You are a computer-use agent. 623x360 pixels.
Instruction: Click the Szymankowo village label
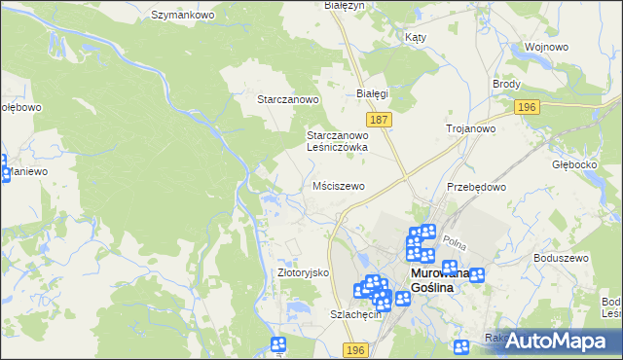click(182, 16)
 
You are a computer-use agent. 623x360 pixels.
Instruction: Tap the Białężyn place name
click(343, 6)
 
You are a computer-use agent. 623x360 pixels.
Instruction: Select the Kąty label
click(416, 36)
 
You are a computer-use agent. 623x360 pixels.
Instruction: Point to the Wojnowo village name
click(545, 47)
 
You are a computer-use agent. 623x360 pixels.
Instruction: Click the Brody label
click(506, 85)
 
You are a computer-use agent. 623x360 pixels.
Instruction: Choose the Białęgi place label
click(372, 93)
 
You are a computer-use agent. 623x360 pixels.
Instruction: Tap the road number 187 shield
click(381, 119)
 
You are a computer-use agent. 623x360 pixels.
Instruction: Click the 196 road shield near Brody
click(527, 107)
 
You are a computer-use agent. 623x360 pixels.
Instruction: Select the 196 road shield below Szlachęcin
click(355, 349)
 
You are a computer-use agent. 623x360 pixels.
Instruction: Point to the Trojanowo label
click(471, 128)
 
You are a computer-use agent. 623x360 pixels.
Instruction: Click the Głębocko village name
click(572, 164)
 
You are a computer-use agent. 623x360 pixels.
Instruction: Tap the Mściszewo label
click(338, 186)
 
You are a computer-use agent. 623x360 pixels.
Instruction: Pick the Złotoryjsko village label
click(305, 273)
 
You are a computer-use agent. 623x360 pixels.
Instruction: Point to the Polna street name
click(454, 240)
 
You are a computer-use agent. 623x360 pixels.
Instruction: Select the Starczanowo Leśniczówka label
click(337, 141)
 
